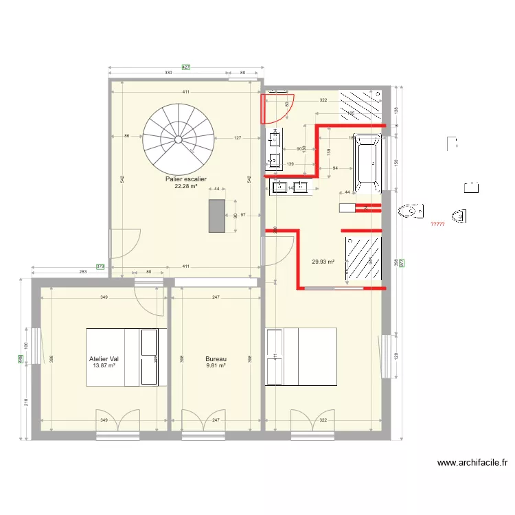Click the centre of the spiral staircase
179,139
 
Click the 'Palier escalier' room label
185,179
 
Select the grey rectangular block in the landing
218,216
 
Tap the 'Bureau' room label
216,358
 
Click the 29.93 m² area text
323,262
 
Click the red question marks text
437,225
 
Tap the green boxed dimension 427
185,67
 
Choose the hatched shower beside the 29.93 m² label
363,258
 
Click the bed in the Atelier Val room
126,358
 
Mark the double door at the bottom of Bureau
204,420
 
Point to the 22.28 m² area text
185,186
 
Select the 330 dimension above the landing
168,73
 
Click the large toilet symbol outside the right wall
409,211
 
